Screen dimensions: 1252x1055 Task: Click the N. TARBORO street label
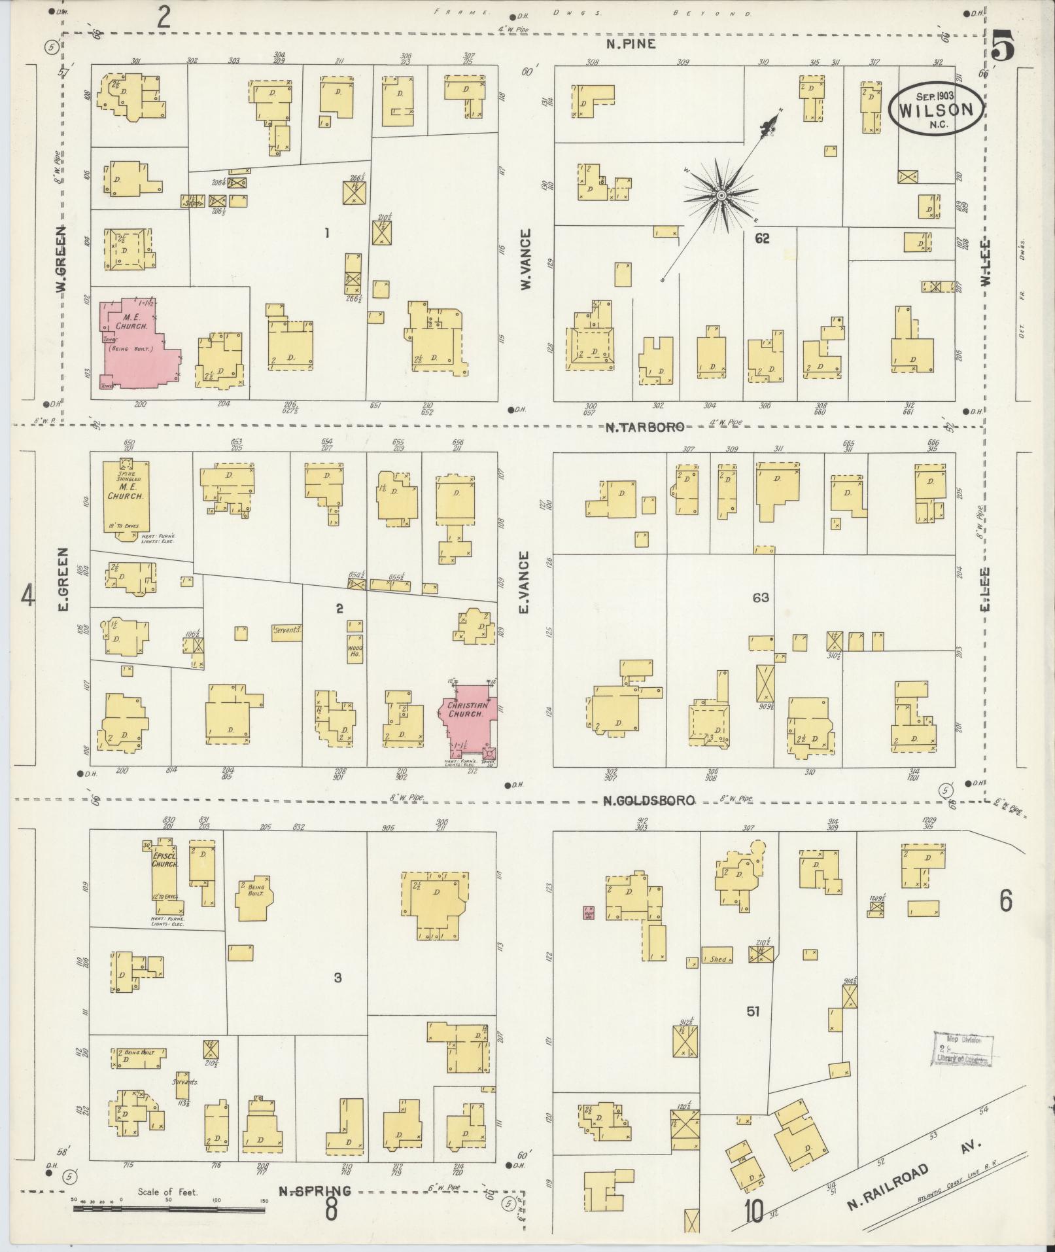point(644,427)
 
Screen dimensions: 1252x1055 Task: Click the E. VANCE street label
point(524,582)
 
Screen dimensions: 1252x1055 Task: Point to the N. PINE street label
point(629,45)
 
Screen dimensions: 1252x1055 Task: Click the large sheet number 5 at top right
point(1003,48)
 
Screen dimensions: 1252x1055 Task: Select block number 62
point(761,239)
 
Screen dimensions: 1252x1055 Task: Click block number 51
point(753,1011)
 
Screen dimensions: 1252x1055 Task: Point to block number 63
point(760,597)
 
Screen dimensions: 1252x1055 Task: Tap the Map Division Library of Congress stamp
point(963,1050)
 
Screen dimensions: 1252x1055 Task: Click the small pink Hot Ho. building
point(589,913)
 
